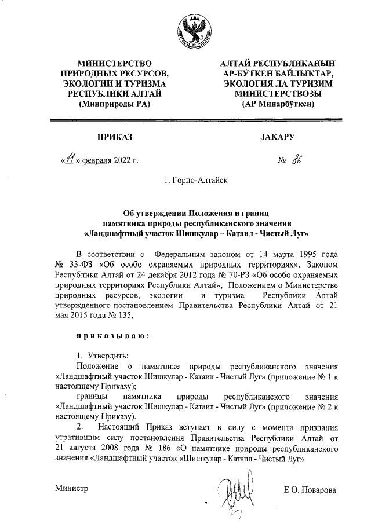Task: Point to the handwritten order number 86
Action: pyautogui.click(x=299, y=160)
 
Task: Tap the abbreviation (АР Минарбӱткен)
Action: pyautogui.click(x=275, y=104)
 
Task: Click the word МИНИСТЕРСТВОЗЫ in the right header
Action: pyautogui.click(x=275, y=93)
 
